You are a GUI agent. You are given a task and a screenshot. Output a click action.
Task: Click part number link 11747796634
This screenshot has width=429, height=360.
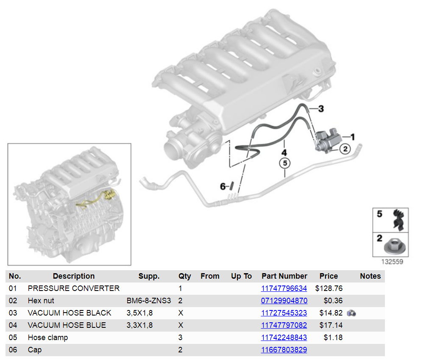(284, 288)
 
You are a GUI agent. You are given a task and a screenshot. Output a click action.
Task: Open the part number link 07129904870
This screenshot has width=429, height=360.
(284, 301)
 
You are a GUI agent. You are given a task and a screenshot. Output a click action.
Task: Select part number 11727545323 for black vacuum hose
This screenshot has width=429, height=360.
(284, 313)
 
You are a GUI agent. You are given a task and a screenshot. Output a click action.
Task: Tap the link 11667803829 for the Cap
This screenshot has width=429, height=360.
(284, 350)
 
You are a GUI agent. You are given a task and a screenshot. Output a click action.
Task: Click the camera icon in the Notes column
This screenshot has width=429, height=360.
(351, 313)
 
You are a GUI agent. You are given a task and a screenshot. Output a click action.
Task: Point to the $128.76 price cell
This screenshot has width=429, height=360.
(329, 288)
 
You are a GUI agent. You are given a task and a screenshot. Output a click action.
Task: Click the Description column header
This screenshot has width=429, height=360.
(74, 276)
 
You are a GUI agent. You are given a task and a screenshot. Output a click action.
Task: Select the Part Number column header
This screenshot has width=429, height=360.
(284, 276)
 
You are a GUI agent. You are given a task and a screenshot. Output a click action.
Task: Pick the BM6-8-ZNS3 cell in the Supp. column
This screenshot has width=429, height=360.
(148, 301)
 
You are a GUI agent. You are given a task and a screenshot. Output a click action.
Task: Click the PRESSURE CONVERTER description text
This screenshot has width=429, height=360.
(74, 288)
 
